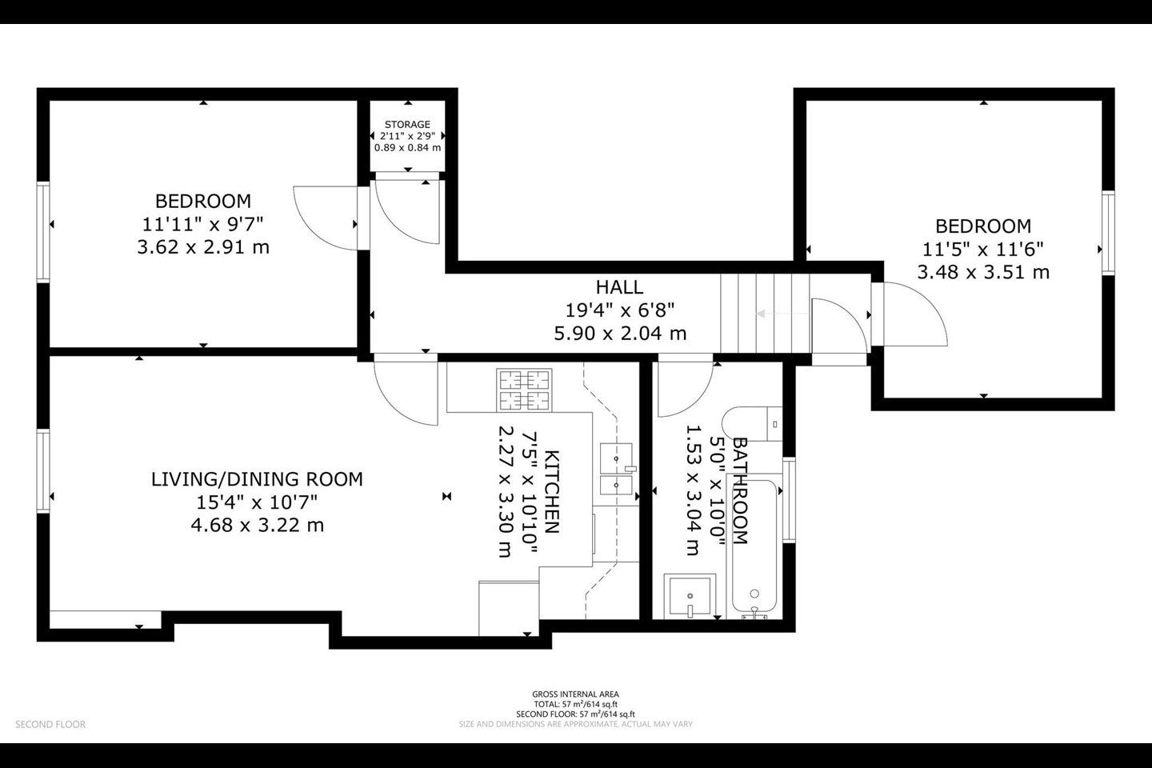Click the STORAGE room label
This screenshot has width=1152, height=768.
407,125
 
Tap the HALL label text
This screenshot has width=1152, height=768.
620,287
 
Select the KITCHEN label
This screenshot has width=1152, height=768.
551,492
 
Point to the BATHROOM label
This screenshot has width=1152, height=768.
739,490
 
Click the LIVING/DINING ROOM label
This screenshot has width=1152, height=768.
257,479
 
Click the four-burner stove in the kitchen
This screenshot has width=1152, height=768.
524,390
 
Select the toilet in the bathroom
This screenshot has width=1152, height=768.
752,424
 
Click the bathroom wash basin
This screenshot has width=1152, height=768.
690,596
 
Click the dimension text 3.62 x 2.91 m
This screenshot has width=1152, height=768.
203,247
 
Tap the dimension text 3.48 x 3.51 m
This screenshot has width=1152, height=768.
983,272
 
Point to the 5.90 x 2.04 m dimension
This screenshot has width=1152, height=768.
620,334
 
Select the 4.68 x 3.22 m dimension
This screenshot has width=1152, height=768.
257,526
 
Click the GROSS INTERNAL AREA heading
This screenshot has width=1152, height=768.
575,694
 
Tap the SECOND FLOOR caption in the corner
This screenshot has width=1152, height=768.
50,724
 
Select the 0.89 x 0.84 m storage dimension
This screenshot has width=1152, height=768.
407,148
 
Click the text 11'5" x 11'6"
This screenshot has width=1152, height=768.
983,250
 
